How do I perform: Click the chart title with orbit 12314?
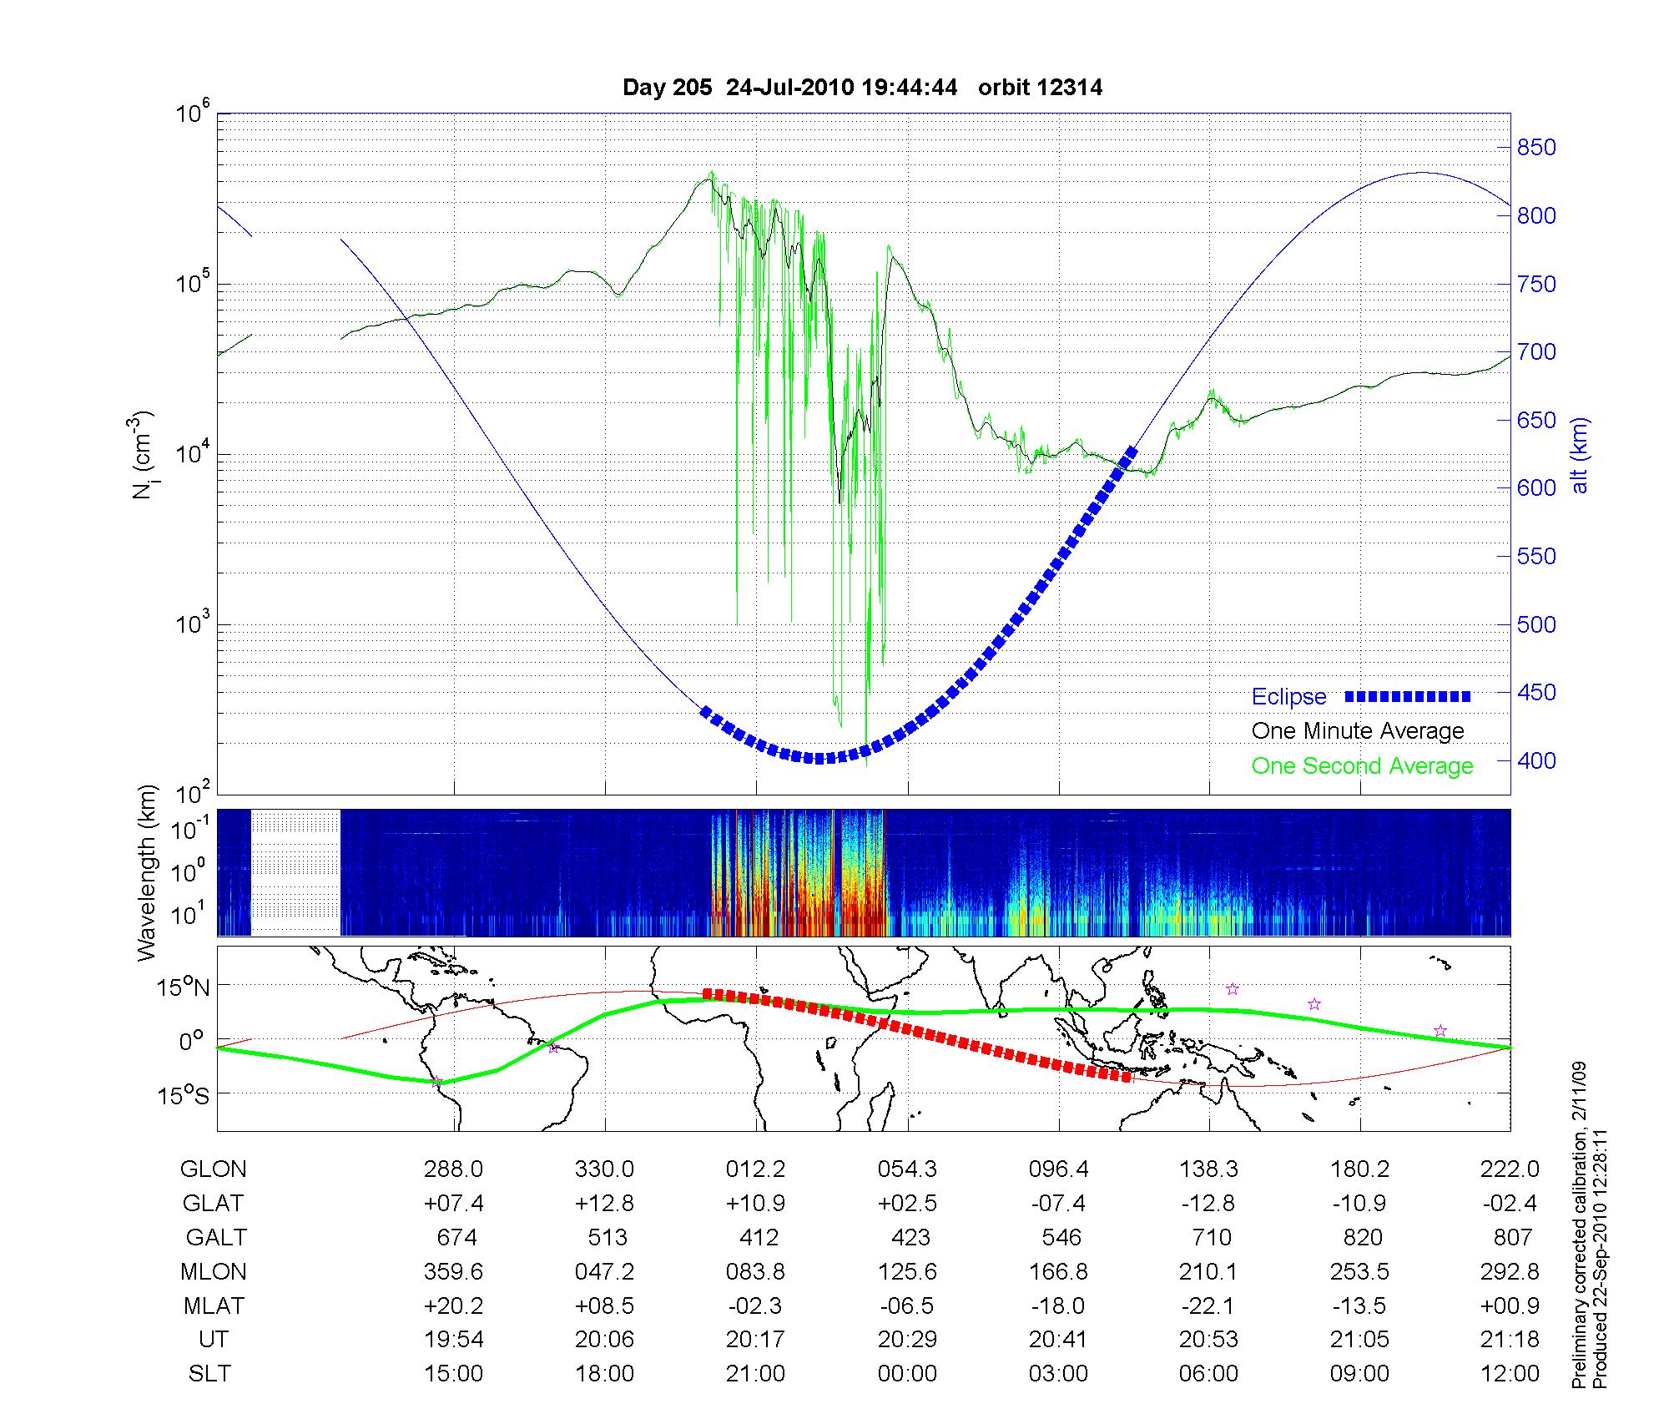tap(862, 88)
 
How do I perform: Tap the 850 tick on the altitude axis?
tap(1536, 148)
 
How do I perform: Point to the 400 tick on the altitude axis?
tap(1536, 760)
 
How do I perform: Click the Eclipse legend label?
tap(1288, 697)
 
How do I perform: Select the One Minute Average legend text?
tap(1358, 731)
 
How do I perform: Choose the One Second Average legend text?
tap(1362, 766)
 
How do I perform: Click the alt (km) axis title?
tap(1581, 455)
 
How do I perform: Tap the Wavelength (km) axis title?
tap(148, 872)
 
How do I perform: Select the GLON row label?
tap(214, 1169)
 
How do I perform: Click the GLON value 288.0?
tap(453, 1169)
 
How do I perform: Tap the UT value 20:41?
tap(1059, 1340)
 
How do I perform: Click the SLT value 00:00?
tap(907, 1374)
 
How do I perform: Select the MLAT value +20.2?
tap(453, 1305)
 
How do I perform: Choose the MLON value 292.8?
tap(1510, 1271)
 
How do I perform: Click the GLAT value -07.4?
tap(1059, 1203)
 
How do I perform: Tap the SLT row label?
tap(209, 1374)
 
